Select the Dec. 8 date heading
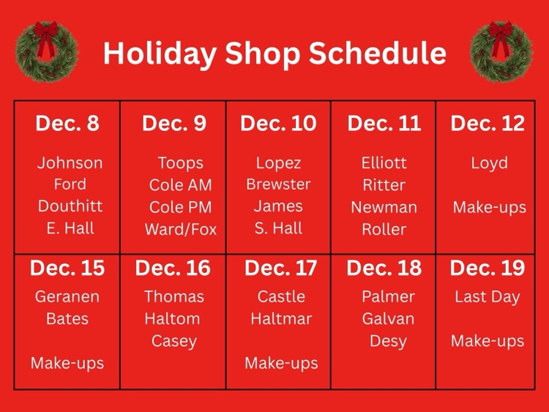point(67,123)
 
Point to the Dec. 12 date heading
point(488,123)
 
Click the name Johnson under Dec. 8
point(70,162)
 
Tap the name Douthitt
point(70,206)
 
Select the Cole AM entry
point(180,185)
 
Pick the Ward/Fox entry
point(181,229)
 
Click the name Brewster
point(278,184)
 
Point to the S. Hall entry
point(278,228)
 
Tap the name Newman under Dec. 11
point(384,207)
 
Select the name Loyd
point(489,162)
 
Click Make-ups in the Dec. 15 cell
point(67,362)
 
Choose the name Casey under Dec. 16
point(173,341)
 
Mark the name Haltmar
point(281,318)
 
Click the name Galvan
point(388,318)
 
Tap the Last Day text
point(488,296)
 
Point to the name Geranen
point(67,297)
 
